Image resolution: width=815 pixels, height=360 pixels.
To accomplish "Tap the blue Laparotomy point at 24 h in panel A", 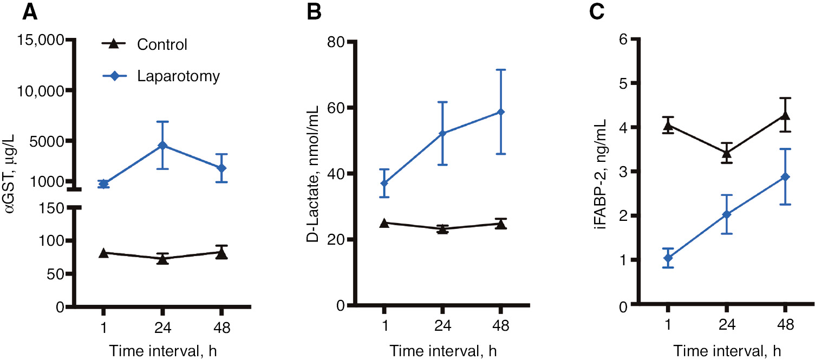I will click(x=162, y=146).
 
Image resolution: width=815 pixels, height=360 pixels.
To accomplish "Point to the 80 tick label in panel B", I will click(x=337, y=42).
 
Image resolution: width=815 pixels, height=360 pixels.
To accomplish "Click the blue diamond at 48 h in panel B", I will click(x=501, y=112).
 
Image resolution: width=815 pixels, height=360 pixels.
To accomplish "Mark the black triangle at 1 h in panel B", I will click(x=384, y=223).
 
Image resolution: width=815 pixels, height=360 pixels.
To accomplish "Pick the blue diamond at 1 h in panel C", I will click(x=669, y=258).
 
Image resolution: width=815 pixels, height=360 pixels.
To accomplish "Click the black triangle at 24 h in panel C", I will click(x=727, y=153).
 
